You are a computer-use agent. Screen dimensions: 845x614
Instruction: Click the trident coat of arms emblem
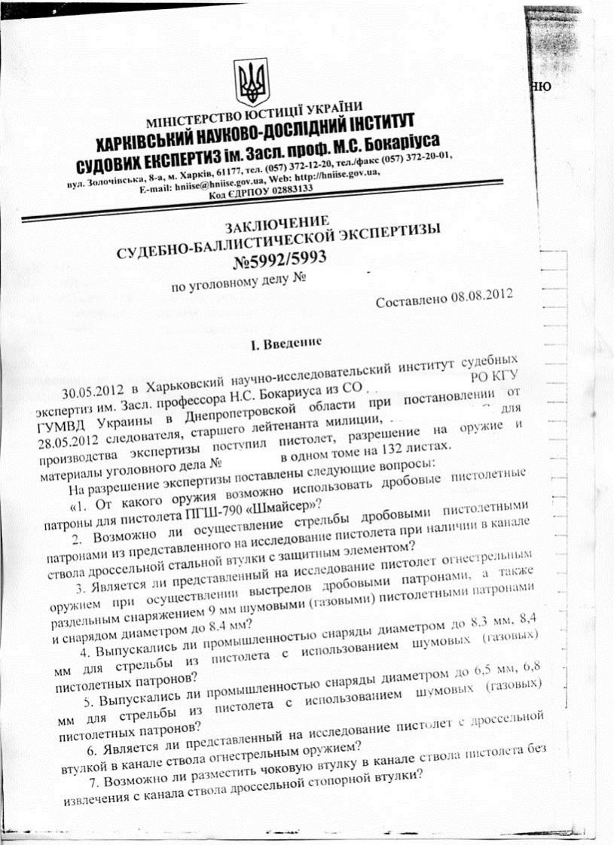point(248,84)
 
